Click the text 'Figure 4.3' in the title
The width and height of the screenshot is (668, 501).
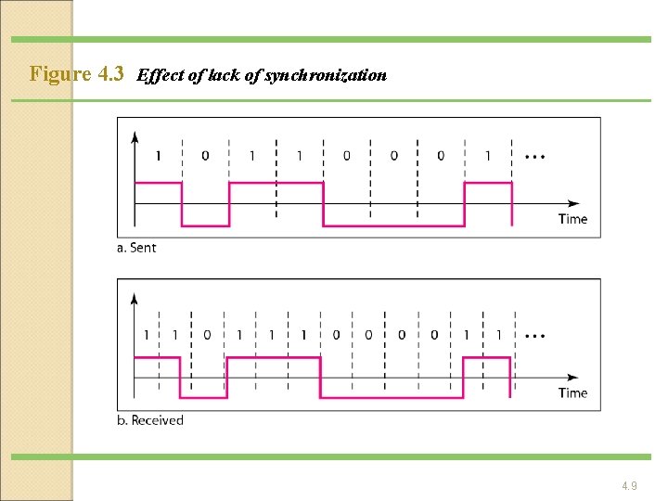[x=77, y=74]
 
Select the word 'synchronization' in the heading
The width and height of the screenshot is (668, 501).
[x=326, y=75]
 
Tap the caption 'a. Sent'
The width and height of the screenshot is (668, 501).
[x=136, y=248]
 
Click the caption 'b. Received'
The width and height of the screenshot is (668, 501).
[x=151, y=420]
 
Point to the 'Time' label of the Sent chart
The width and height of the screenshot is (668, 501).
[x=572, y=219]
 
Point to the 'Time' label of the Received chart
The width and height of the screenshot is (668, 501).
[x=572, y=392]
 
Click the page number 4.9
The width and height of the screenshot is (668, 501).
[x=629, y=485]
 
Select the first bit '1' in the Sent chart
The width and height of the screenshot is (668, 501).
[x=158, y=156]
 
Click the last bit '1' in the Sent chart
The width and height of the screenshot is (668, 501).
[x=488, y=156]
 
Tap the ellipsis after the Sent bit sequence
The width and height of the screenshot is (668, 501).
[x=534, y=156]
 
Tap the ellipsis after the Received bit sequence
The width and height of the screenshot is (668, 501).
[x=534, y=334]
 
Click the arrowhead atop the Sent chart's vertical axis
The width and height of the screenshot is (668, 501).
[x=135, y=136]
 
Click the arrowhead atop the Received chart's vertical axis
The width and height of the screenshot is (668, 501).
[x=135, y=298]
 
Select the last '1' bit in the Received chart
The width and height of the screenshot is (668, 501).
[x=499, y=334]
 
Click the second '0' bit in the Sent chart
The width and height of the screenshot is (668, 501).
[x=346, y=156]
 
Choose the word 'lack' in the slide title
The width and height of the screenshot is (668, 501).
[x=225, y=75]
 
